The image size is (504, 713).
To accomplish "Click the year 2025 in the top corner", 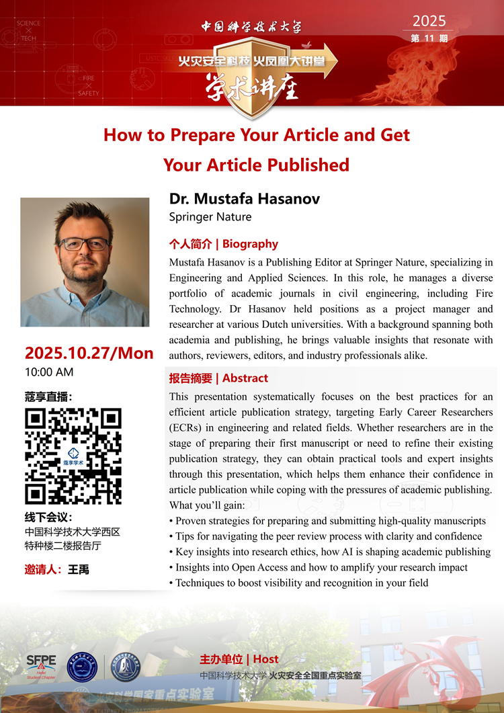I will coord(429,20).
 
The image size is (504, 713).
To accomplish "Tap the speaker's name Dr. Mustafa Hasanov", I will coord(245,199).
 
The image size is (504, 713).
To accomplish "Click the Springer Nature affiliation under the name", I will coord(210,216).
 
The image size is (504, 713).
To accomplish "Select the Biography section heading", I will coord(223,244).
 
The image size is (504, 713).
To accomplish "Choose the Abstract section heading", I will coord(218,378).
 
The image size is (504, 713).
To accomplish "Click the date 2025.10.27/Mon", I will coord(89,353).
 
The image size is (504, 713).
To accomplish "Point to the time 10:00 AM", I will coord(49,372).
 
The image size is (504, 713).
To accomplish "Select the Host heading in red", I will coord(239,659).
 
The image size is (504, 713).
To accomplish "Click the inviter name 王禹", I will coord(79,569).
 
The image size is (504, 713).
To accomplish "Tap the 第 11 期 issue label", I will coord(429,38).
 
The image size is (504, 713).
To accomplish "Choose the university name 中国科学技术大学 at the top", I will coord(251,27).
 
